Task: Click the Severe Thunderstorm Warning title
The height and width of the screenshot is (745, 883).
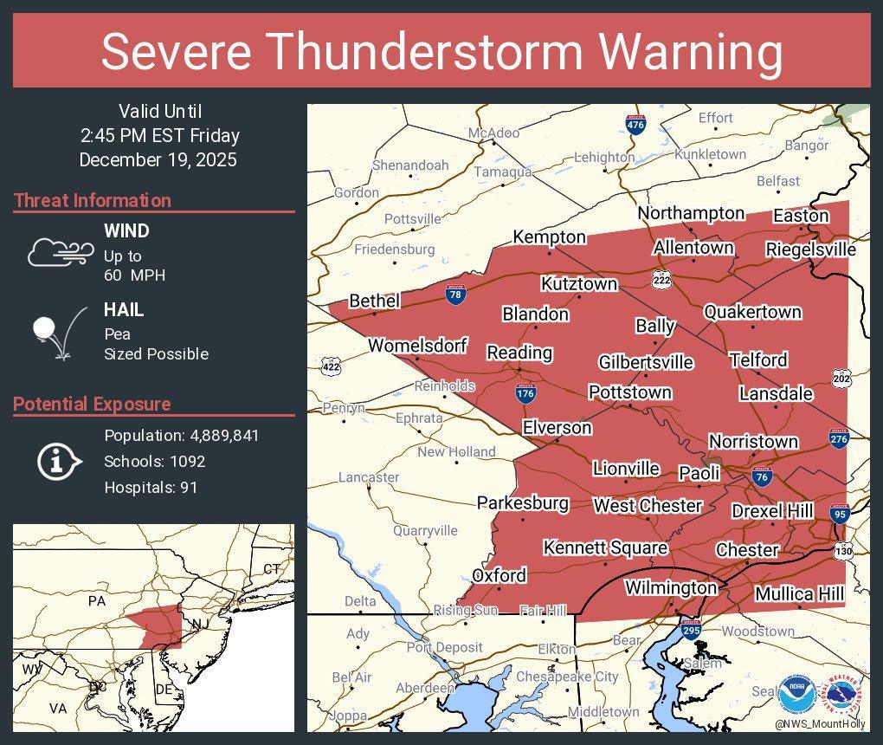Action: click(441, 52)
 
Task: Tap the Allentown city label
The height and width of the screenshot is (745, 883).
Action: click(693, 248)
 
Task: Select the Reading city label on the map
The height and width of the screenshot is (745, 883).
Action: click(519, 353)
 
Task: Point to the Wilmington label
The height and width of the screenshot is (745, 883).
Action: click(671, 588)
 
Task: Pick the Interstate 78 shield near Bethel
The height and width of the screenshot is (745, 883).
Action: click(454, 295)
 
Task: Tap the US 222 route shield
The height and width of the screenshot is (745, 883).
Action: click(662, 278)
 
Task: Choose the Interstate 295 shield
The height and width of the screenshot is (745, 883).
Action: click(691, 630)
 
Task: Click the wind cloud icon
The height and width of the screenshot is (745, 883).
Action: click(60, 251)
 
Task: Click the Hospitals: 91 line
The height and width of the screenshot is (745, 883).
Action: click(151, 488)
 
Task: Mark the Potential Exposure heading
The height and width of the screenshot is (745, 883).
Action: click(92, 404)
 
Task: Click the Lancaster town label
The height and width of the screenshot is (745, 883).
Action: click(369, 477)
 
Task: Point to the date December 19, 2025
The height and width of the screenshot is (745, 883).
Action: click(158, 160)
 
